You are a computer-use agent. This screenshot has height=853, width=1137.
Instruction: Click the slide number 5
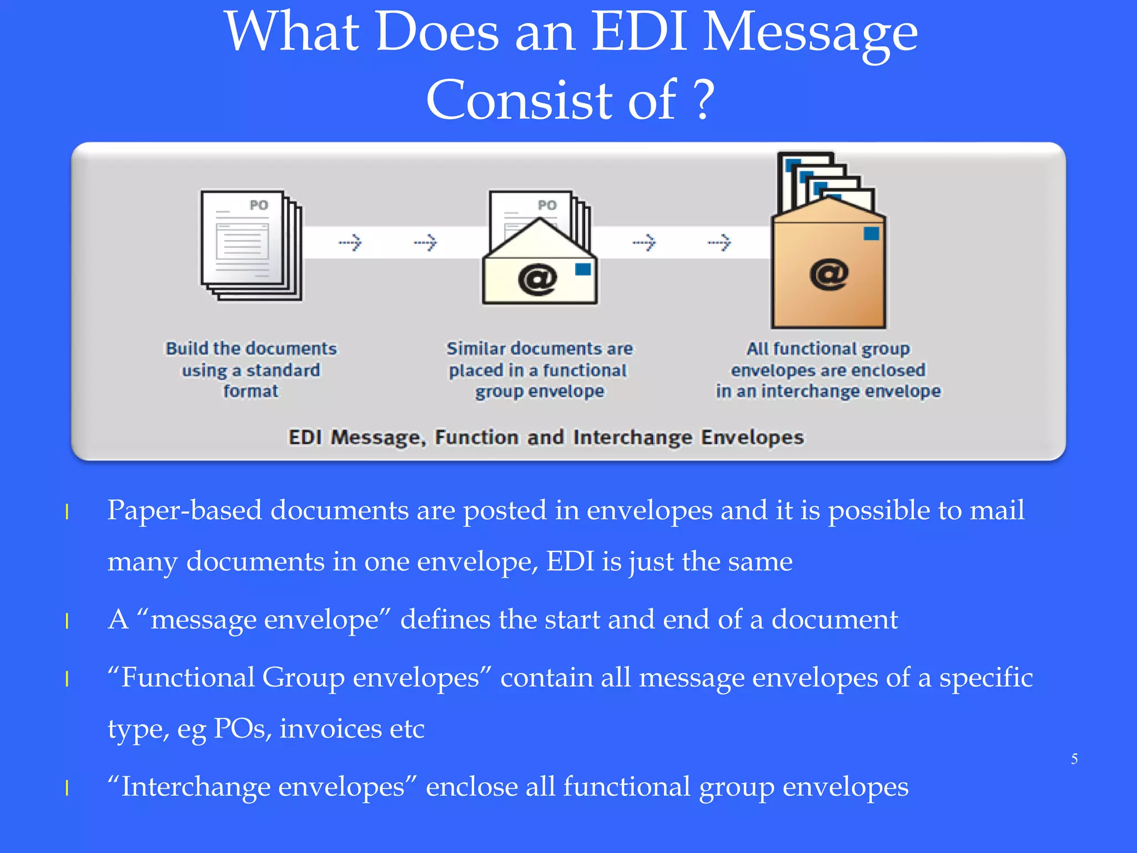(1074, 759)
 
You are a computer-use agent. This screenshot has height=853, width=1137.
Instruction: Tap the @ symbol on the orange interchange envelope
(828, 274)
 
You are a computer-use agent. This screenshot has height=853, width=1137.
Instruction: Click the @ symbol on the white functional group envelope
(537, 279)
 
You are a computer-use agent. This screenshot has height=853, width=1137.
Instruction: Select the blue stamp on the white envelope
(583, 269)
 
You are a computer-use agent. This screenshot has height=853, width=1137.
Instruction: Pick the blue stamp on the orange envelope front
(871, 233)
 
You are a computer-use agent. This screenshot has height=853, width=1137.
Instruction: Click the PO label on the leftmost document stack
(259, 205)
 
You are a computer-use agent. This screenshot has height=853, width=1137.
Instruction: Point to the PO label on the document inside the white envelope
(547, 205)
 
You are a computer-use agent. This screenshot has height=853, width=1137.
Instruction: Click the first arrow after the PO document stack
(350, 242)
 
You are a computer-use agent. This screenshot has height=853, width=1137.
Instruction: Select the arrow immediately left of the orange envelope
(720, 242)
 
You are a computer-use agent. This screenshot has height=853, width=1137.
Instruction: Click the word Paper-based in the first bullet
(184, 510)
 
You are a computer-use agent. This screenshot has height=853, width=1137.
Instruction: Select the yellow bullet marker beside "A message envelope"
(67, 621)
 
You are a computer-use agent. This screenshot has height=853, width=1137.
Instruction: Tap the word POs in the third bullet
(242, 729)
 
